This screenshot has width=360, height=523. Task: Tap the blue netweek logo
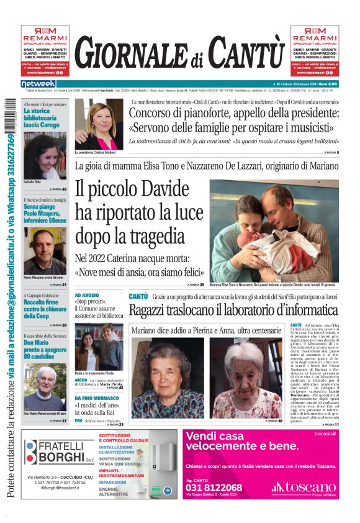pyautogui.click(x=38, y=84)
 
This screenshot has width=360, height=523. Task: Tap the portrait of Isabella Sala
pyautogui.click(x=45, y=155)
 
